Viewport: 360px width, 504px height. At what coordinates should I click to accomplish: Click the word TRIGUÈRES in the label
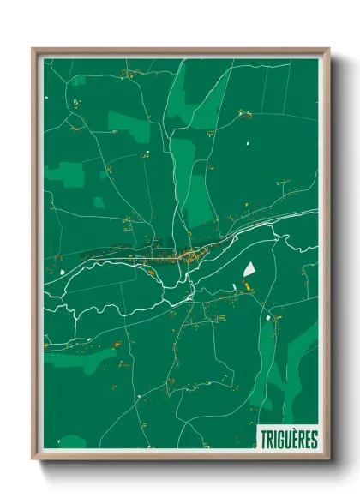click(287, 440)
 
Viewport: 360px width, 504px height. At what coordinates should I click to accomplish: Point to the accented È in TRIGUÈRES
click(294, 440)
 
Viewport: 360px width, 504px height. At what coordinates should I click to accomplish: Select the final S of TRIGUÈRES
click(314, 440)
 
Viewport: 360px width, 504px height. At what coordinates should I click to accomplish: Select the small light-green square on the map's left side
click(98, 202)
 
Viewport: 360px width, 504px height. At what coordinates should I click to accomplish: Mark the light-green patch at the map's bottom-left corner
click(72, 441)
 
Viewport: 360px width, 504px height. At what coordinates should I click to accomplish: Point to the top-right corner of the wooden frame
click(328, 50)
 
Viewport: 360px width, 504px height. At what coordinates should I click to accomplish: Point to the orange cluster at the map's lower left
click(115, 345)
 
